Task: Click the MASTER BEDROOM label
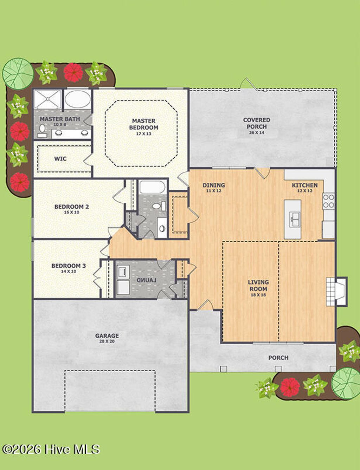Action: click(143, 124)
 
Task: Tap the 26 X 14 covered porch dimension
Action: click(256, 133)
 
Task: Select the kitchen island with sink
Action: click(292, 219)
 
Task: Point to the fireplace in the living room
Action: click(336, 291)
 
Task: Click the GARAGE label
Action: click(107, 336)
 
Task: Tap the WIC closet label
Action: click(60, 159)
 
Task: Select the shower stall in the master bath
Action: click(47, 99)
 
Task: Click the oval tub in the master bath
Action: click(78, 99)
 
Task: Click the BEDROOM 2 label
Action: click(71, 207)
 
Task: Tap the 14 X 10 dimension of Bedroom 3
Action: click(69, 272)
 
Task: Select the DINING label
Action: click(213, 185)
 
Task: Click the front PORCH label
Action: click(278, 358)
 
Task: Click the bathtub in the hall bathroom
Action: click(152, 187)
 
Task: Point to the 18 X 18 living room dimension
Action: click(258, 295)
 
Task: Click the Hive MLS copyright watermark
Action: click(51, 449)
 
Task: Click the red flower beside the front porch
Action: click(290, 387)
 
